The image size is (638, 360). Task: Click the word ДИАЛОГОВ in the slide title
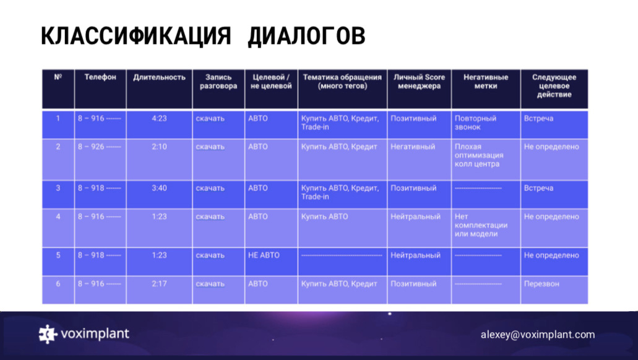(x=306, y=36)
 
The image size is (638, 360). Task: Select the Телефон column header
(x=100, y=77)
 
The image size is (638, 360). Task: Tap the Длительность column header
(x=159, y=77)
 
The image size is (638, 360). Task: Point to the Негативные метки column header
(x=486, y=82)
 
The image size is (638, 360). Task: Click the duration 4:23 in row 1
(x=159, y=118)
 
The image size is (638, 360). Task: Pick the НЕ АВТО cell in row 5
(x=264, y=255)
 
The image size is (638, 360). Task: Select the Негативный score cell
(x=413, y=147)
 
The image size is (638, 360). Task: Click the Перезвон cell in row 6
(x=541, y=283)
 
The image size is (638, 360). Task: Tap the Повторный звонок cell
(x=475, y=122)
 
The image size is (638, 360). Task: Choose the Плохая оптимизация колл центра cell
(x=479, y=155)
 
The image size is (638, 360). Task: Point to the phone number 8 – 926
(x=99, y=147)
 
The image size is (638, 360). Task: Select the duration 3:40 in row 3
(x=159, y=188)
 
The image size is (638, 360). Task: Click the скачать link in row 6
(x=210, y=284)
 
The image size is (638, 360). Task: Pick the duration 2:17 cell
(x=159, y=283)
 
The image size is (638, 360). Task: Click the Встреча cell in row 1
(x=538, y=118)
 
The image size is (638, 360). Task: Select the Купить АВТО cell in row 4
(x=324, y=216)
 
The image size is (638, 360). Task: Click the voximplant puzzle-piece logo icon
(x=47, y=334)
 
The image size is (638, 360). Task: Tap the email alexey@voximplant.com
(x=538, y=335)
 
